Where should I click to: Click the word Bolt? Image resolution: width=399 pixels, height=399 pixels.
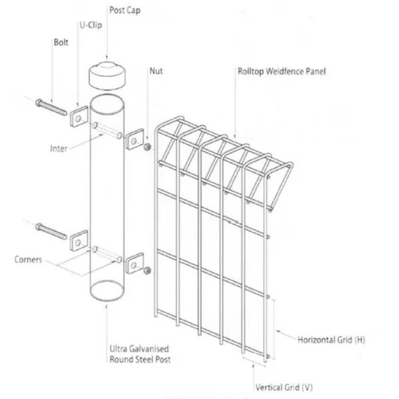[x=61, y=42]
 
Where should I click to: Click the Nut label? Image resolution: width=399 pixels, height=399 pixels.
[x=156, y=70]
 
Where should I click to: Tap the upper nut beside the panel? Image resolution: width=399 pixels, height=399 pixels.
[x=147, y=146]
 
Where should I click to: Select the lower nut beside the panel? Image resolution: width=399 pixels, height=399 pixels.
[x=147, y=270]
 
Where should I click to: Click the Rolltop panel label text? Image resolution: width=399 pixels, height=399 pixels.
[x=281, y=70]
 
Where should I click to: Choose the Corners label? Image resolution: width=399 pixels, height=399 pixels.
[x=28, y=259]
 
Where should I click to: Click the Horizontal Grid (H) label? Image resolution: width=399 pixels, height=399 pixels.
[x=331, y=340]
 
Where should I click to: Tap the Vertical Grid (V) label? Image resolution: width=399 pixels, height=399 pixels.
[x=284, y=386]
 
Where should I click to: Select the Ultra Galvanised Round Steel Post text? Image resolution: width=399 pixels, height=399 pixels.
[x=139, y=354]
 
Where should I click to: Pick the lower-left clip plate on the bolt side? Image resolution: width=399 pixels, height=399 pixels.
[x=78, y=241]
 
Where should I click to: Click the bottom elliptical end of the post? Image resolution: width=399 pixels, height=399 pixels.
[x=106, y=291]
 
